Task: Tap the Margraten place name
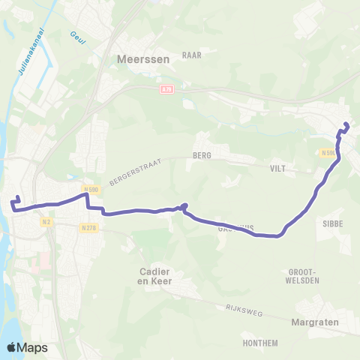point(315,323)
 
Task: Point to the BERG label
point(202,155)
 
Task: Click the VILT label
point(279,169)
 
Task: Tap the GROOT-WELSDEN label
point(304,275)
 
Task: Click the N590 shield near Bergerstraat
point(91,190)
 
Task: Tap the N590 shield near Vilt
point(328,153)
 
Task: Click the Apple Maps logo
point(28,347)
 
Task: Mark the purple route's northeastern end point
point(346,124)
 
